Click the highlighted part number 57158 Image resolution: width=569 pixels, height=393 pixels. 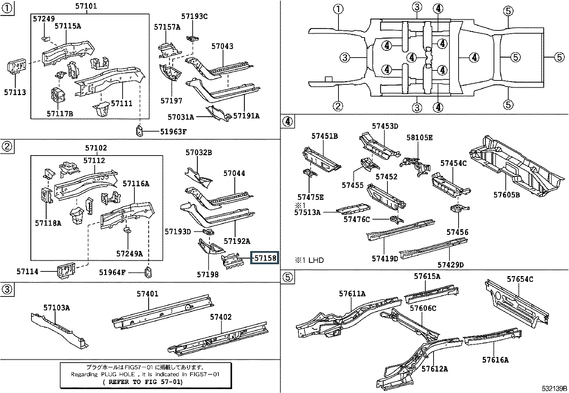(265, 258)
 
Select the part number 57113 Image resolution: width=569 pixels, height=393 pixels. (15, 92)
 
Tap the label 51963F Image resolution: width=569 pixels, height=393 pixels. (173, 132)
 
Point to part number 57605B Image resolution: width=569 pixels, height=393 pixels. (506, 195)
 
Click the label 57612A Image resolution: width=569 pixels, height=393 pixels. (435, 368)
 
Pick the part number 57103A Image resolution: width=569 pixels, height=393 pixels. (56, 308)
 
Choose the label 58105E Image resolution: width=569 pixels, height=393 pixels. (419, 138)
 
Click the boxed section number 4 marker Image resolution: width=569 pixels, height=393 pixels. (288, 121)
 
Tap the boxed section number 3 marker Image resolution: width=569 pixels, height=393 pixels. (7, 289)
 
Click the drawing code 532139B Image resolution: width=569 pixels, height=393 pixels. (554, 389)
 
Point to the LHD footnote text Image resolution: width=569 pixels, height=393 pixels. (310, 260)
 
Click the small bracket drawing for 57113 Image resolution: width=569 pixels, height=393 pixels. (16, 67)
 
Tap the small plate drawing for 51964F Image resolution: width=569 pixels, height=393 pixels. (148, 272)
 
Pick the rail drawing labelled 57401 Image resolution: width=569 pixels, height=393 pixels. (163, 312)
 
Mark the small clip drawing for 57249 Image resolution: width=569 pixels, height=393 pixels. (45, 38)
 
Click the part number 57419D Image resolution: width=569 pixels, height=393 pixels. (385, 259)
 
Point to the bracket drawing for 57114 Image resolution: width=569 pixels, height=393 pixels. (66, 270)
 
